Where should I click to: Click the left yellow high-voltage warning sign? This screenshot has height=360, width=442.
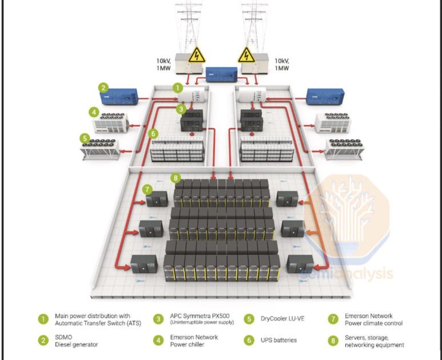[197, 56]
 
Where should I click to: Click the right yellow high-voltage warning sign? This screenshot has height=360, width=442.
[246, 56]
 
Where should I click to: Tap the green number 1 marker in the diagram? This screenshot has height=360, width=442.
[178, 88]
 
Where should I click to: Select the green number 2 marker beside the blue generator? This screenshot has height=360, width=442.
[103, 88]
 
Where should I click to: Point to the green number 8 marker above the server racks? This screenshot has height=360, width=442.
[176, 178]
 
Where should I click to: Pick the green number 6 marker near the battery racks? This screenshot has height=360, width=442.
[152, 133]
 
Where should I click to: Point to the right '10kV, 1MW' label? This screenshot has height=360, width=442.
[281, 64]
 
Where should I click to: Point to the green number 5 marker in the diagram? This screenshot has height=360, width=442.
[84, 139]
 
